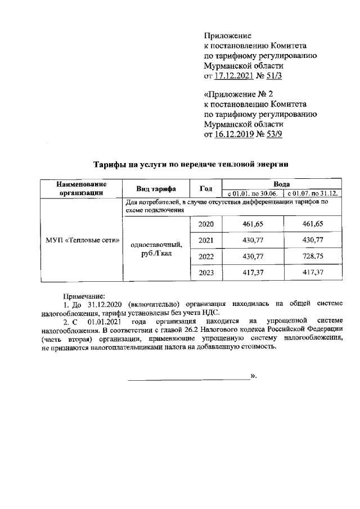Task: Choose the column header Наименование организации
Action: click(82, 188)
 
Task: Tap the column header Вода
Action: click(281, 184)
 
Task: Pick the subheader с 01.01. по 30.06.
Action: click(253, 193)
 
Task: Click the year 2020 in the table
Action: click(207, 224)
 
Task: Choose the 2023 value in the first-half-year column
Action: click(253, 273)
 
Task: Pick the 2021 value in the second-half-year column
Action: click(314, 241)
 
